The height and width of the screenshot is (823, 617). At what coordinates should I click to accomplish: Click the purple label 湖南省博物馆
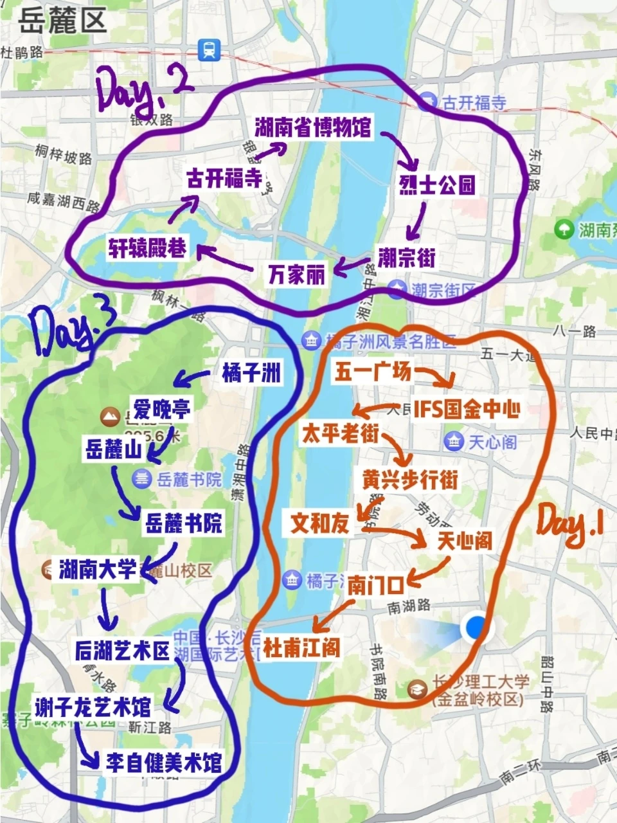tap(313, 127)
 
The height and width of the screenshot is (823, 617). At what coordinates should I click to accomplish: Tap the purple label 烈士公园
tap(438, 185)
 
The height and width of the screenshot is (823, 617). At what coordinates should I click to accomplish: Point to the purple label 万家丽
tap(296, 275)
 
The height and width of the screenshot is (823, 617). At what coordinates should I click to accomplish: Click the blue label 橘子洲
tap(252, 373)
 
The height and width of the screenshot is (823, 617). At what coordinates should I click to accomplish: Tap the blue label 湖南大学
tap(98, 569)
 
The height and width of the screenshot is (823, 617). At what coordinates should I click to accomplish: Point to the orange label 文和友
tap(319, 523)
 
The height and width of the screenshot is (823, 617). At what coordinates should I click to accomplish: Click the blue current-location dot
tap(476, 626)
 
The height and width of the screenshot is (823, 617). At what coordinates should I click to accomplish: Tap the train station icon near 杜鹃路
tap(209, 49)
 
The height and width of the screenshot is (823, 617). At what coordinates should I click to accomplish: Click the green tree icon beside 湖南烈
tap(564, 228)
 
